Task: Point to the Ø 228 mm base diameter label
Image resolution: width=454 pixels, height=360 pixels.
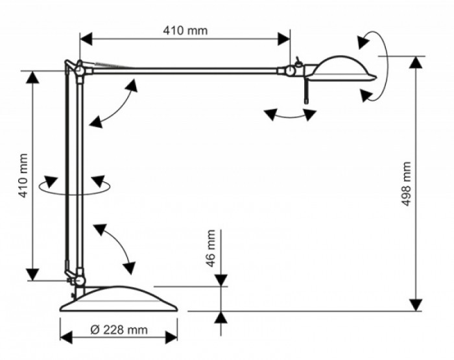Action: (117, 330)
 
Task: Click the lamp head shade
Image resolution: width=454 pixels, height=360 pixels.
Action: (343, 69)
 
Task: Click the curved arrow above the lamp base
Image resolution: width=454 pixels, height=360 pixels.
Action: (117, 246)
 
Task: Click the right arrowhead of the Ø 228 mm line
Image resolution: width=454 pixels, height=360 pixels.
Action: (172, 337)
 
